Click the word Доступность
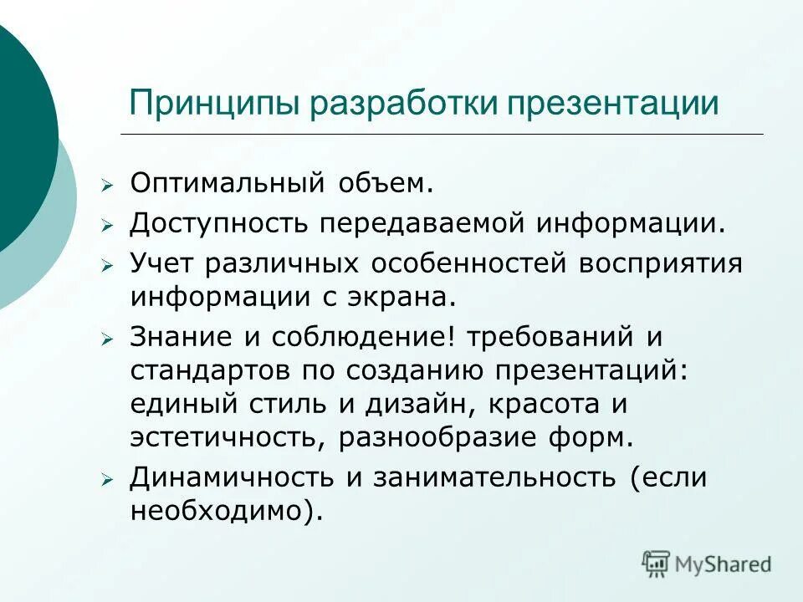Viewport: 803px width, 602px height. pyautogui.click(x=219, y=223)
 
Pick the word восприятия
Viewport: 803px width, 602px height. pyautogui.click(x=659, y=263)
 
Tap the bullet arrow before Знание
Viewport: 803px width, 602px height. pyautogui.click(x=106, y=339)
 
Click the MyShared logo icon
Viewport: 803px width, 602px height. pyautogui.click(x=656, y=562)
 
